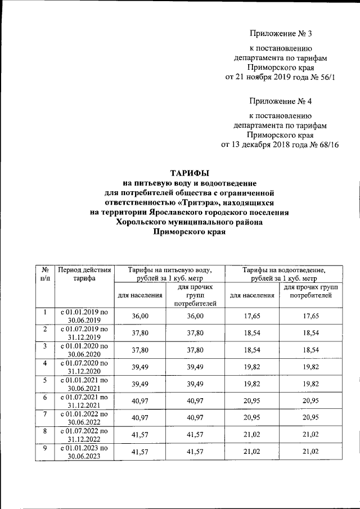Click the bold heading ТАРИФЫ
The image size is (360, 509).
tap(190, 173)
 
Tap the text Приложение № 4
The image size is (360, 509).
tap(280, 101)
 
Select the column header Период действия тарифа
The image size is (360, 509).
tap(84, 273)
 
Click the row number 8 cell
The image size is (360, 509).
tap(44, 432)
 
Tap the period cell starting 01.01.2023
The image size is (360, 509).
tap(84, 452)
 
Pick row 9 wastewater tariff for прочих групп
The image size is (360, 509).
tap(310, 452)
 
